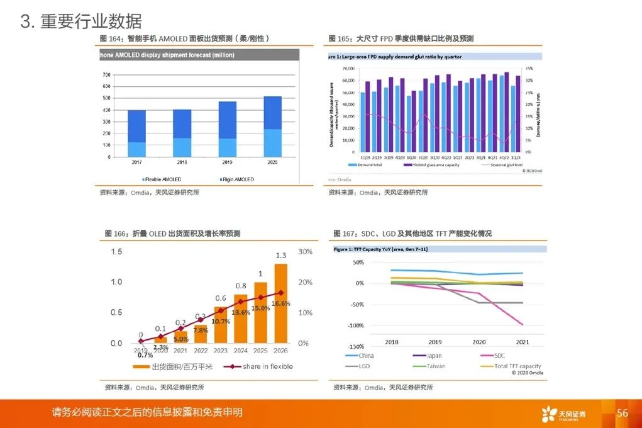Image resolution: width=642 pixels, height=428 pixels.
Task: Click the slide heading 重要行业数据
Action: coord(91,22)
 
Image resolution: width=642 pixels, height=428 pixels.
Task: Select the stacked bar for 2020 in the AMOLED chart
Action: coord(272,126)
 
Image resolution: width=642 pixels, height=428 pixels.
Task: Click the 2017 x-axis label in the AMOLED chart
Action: coord(136,162)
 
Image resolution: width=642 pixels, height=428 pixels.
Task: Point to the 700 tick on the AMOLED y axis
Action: coord(106,75)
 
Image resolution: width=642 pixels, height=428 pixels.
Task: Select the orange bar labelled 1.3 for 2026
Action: coord(281,303)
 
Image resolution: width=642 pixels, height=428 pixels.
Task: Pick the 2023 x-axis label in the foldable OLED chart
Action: coord(221,351)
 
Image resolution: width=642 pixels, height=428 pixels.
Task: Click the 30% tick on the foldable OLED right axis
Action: coord(305,252)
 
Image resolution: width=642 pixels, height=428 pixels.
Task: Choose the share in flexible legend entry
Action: coord(264,366)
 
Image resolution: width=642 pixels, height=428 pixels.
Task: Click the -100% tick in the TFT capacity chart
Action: coord(356,325)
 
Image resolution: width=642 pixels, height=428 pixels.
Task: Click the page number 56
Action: coord(623,414)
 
